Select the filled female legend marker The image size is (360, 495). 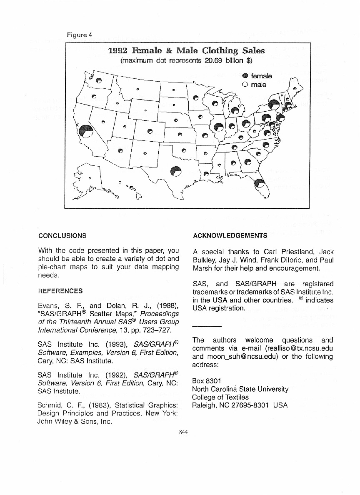coord(245,76)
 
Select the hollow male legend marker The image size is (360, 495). coord(245,85)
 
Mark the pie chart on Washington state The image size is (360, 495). coord(98,80)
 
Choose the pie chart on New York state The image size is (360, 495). coord(274,105)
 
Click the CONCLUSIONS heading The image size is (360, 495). coord(62,236)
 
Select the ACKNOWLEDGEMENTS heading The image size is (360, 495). coord(230,236)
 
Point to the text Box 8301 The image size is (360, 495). coord(207,381)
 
